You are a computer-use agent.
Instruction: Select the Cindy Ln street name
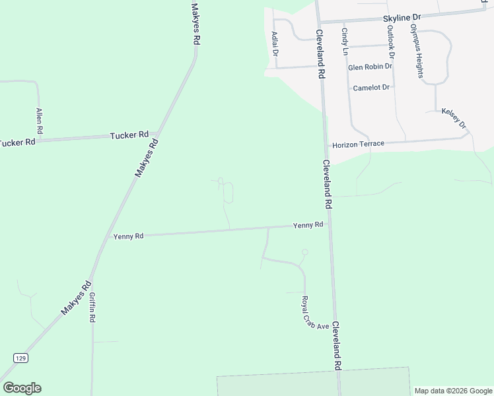coord(345,37)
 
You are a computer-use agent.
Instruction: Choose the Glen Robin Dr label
coord(370,67)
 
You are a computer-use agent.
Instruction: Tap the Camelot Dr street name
coord(372,87)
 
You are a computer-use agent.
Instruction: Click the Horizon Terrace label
coord(358,144)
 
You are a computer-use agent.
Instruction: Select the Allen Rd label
coord(40,121)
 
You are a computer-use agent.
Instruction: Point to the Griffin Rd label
coord(92,307)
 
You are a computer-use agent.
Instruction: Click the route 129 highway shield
coord(21,357)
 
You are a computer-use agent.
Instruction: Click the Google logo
coord(22,388)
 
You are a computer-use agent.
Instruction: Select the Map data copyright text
coord(453,390)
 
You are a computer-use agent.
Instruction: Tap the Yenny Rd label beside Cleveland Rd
coord(308,225)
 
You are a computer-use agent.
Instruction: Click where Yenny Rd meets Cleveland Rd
coord(329,224)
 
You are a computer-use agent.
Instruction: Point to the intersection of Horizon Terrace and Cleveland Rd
coord(326,145)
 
